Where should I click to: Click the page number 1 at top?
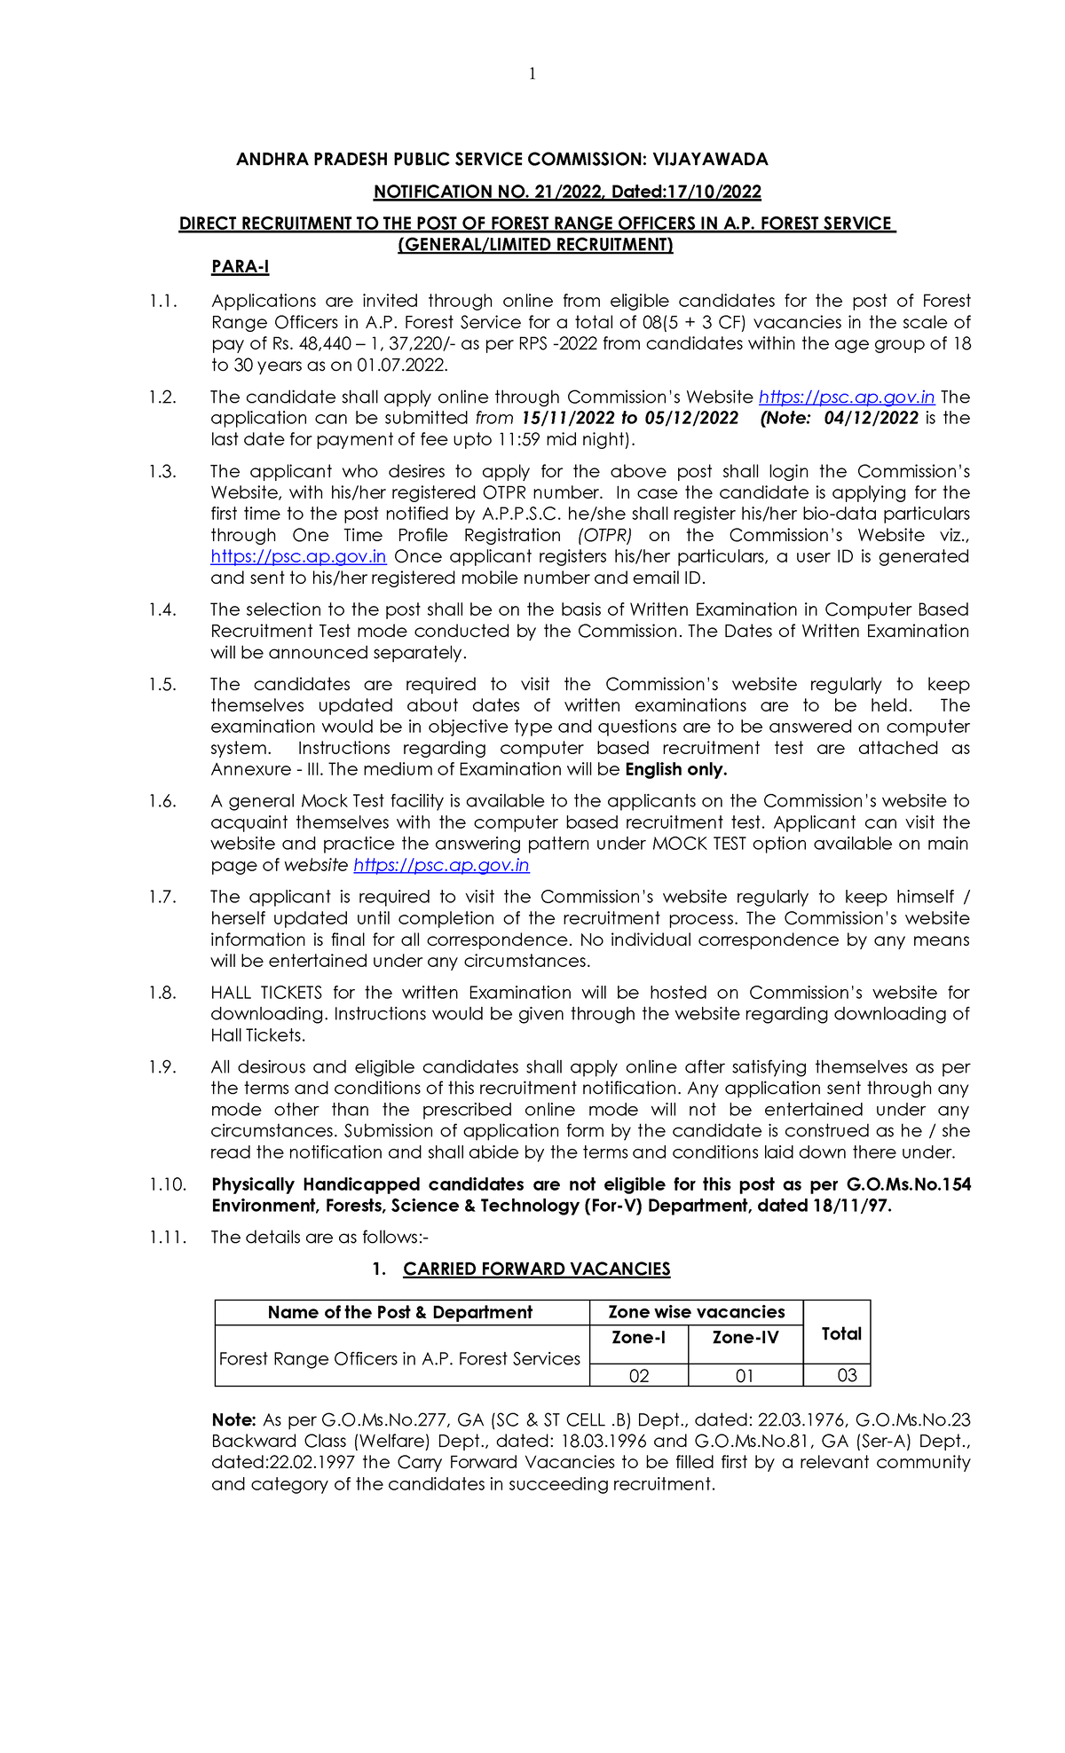tap(532, 75)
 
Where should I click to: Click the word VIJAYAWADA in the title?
tap(710, 160)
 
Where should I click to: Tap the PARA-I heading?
tap(240, 267)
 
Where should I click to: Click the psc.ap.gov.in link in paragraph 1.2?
tap(847, 397)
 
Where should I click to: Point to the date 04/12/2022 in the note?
tap(871, 418)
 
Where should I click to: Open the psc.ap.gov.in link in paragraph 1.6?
tap(441, 865)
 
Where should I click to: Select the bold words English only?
tap(675, 769)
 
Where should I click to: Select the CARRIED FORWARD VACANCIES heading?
tap(536, 1270)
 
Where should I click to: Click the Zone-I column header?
tap(638, 1337)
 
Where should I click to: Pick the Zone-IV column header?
tap(745, 1337)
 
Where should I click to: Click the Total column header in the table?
tap(840, 1333)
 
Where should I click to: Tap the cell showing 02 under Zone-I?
tap(638, 1376)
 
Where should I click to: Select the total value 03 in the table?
tap(847, 1376)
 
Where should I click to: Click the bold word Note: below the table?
tap(233, 1420)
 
